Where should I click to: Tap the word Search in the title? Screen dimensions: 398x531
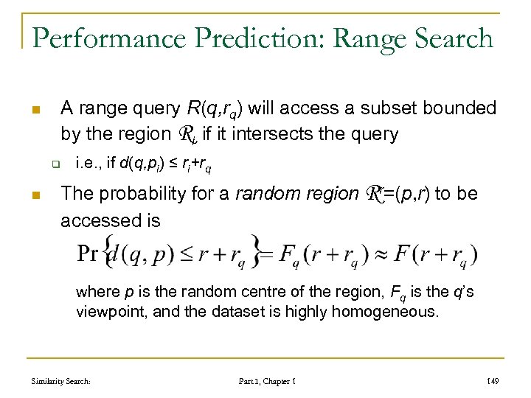(x=449, y=38)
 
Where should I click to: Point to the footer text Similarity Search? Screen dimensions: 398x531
(x=61, y=381)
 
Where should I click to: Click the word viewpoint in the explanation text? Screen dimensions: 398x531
(x=109, y=311)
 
